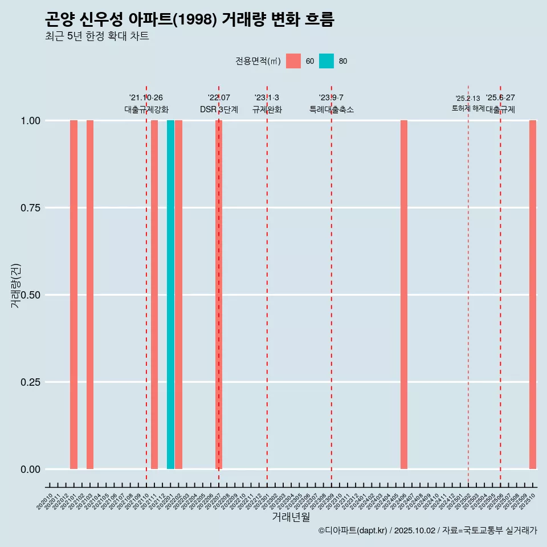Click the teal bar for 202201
click(x=170, y=295)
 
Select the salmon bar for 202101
click(x=74, y=295)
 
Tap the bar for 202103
click(x=90, y=295)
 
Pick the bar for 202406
click(x=404, y=295)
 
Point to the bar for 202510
click(x=533, y=295)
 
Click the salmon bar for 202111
click(x=154, y=295)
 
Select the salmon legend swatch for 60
click(x=293, y=61)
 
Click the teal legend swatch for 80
click(x=326, y=61)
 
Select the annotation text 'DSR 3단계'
click(x=219, y=109)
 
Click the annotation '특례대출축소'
click(x=332, y=109)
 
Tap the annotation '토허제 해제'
click(x=468, y=108)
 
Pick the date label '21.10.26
click(x=146, y=97)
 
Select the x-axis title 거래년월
click(x=291, y=517)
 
